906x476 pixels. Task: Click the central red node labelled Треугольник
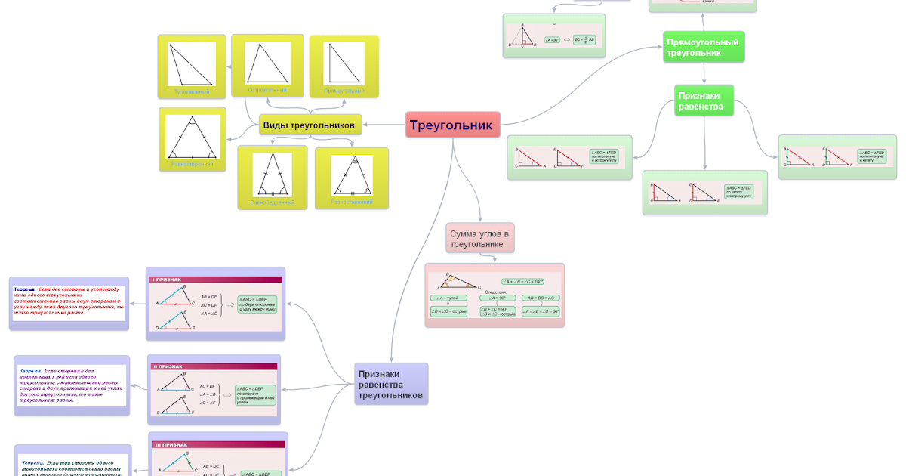point(453,125)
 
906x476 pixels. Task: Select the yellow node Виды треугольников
point(309,125)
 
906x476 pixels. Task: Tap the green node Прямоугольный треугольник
point(704,46)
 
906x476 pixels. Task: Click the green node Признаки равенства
point(704,100)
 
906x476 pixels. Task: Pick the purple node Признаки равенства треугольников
point(390,384)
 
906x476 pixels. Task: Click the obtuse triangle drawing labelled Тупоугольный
point(191,63)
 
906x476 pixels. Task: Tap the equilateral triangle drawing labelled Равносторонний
point(192,137)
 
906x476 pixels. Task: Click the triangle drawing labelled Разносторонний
point(351,175)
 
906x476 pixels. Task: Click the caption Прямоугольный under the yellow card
point(344,91)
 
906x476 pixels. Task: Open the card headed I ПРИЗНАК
point(215,303)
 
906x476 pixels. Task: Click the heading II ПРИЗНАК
point(168,366)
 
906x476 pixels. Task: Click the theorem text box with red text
point(69,303)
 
